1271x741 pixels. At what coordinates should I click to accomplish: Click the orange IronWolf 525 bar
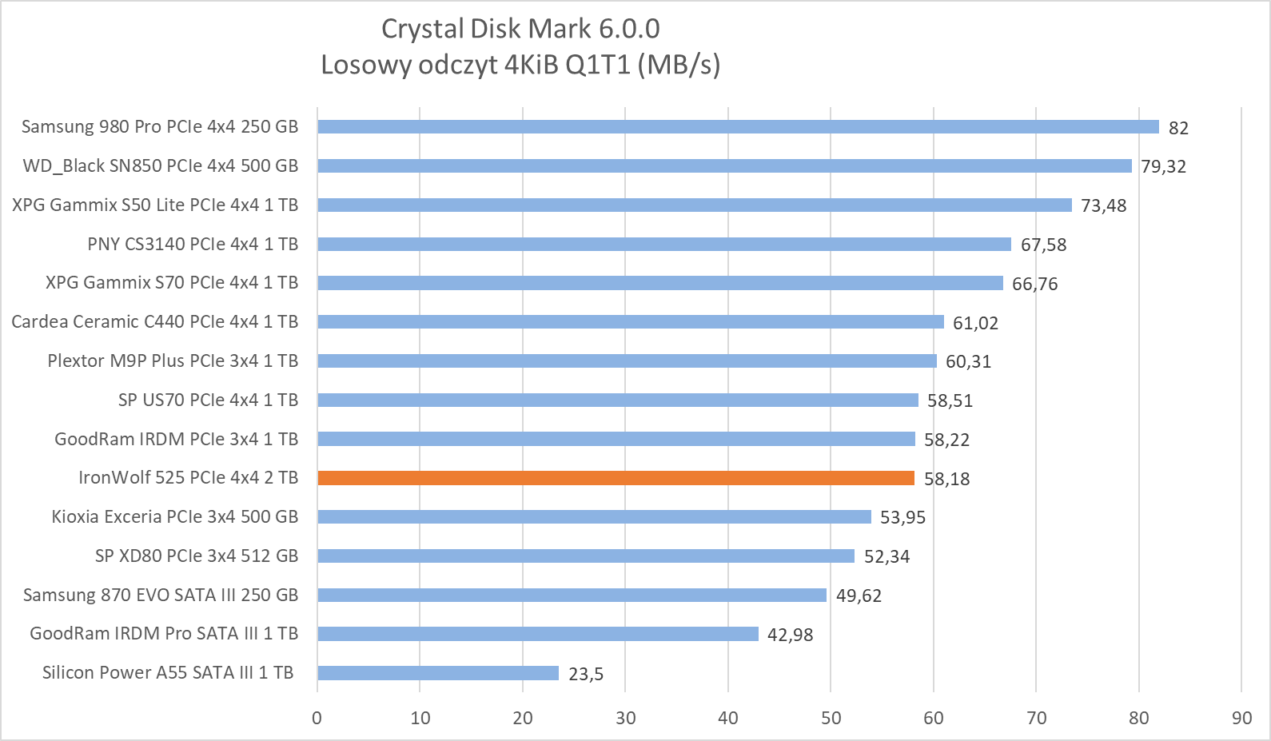pyautogui.click(x=616, y=478)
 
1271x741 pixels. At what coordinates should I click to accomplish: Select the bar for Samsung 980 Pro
pyautogui.click(x=738, y=126)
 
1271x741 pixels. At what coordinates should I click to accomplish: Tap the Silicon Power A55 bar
pyautogui.click(x=438, y=673)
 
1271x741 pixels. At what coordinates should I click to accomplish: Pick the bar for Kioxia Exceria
pyautogui.click(x=594, y=516)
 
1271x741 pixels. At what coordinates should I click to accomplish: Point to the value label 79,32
pyautogui.click(x=1163, y=166)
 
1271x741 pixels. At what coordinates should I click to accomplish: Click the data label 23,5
pyautogui.click(x=586, y=674)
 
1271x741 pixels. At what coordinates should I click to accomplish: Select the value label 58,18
pyautogui.click(x=946, y=479)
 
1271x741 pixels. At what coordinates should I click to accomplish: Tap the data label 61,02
pyautogui.click(x=975, y=323)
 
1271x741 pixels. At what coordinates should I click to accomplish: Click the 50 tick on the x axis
pyautogui.click(x=831, y=718)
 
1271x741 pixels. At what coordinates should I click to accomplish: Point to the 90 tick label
pyautogui.click(x=1241, y=718)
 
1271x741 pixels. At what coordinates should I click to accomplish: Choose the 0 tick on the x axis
pyautogui.click(x=317, y=718)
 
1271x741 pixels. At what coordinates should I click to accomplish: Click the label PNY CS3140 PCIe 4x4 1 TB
pyautogui.click(x=193, y=244)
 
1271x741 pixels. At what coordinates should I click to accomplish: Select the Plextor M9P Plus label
pyautogui.click(x=173, y=361)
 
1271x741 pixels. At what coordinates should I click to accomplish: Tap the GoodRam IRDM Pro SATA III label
pyautogui.click(x=164, y=633)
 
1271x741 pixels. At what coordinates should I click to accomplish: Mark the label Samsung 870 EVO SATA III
pyautogui.click(x=161, y=595)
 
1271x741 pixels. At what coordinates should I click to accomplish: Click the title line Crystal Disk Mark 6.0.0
pyautogui.click(x=520, y=29)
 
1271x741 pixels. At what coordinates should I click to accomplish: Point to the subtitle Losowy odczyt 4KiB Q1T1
pyautogui.click(x=520, y=64)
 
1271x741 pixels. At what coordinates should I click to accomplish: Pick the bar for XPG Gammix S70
pyautogui.click(x=660, y=283)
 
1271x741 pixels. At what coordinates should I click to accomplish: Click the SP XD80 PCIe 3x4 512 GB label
pyautogui.click(x=197, y=556)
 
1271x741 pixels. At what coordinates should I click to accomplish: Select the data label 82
pyautogui.click(x=1178, y=128)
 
